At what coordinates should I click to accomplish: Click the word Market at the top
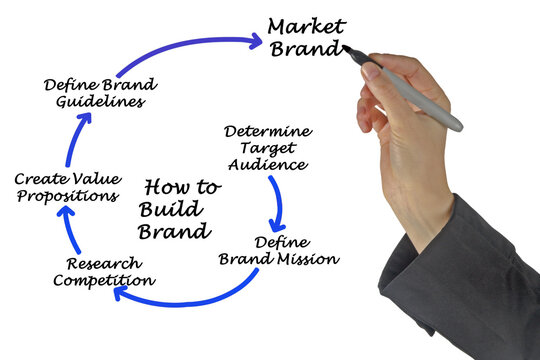(306, 25)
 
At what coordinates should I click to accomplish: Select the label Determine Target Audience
(267, 147)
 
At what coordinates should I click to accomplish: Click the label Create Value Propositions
(67, 187)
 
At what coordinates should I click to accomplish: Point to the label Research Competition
(103, 272)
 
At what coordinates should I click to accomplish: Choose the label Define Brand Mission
(279, 250)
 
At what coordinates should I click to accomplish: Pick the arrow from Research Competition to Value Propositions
(67, 236)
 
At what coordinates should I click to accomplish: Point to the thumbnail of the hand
(372, 71)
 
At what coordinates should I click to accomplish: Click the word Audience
(267, 164)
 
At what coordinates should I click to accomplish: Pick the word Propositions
(67, 196)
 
